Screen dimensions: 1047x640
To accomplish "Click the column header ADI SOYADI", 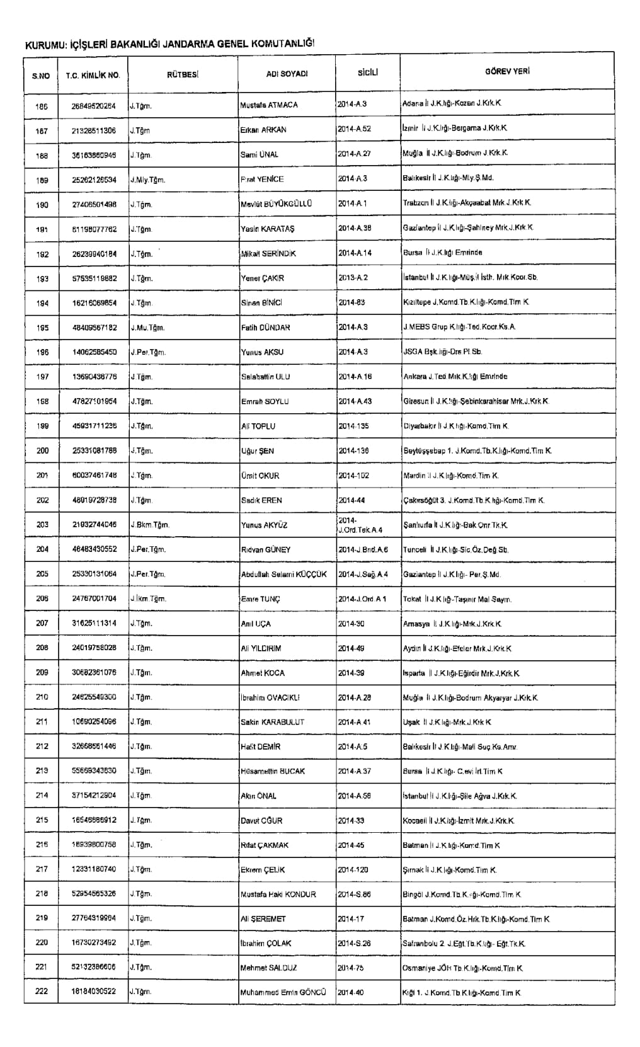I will pos(287,74).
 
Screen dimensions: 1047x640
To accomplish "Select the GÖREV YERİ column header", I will pos(507,72).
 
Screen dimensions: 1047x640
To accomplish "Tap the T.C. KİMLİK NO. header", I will pos(93,76).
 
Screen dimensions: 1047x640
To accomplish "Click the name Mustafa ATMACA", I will pos(269,105).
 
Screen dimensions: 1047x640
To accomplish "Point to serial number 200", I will pos(42,451).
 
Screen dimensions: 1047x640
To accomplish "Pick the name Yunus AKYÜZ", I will pos(264,525).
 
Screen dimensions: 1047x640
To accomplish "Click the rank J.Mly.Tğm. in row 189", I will pos(148,180).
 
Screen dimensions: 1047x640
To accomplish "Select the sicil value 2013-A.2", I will pos(353,278).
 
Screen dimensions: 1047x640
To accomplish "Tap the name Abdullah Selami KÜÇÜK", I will pos(284,575).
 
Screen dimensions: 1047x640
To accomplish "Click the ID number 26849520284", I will pos(94,106).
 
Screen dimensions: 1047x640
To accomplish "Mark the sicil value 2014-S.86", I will pos(355,895).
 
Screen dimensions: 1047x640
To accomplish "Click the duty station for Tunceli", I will pos(455,550).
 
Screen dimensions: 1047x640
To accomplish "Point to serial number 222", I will pos(42,992).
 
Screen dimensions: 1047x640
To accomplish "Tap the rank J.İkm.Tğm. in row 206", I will pos(148,599).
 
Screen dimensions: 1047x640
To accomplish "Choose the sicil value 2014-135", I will pos(353,426).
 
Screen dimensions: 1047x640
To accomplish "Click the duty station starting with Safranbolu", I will pos(464,944).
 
